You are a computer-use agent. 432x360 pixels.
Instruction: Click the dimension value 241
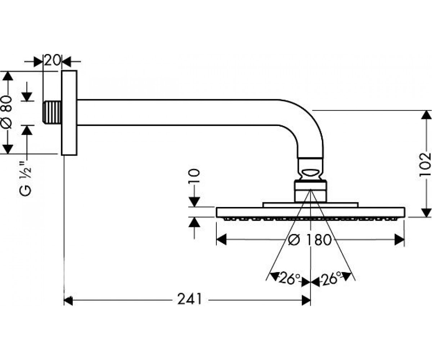(189, 299)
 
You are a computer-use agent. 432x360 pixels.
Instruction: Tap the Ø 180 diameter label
(310, 240)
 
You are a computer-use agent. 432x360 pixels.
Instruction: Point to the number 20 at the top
(52, 60)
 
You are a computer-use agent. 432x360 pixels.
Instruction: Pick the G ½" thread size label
(26, 178)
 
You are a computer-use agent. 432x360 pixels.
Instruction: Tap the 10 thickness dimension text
(194, 176)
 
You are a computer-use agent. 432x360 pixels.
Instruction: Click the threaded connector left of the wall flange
(52, 113)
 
